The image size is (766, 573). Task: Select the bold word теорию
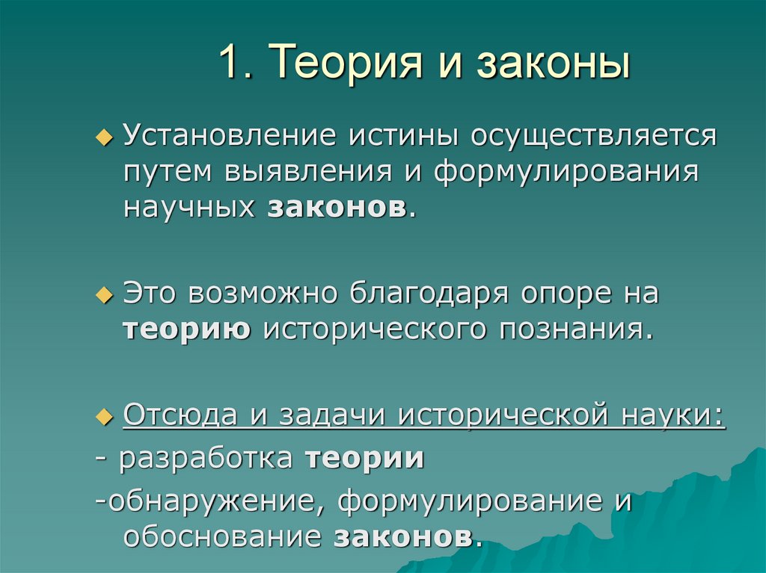pos(187,329)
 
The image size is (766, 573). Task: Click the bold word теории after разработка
pos(365,458)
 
